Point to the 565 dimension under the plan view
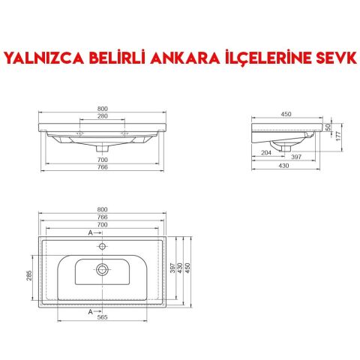click(103, 316)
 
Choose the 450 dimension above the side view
click(286, 114)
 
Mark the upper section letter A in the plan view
click(91, 234)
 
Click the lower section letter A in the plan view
click(91, 310)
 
